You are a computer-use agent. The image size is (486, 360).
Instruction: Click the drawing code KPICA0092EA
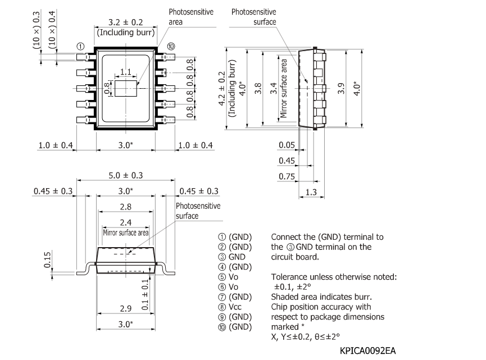367,350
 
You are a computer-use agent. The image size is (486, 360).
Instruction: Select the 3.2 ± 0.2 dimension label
125,23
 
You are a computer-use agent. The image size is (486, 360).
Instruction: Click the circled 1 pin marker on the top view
81,46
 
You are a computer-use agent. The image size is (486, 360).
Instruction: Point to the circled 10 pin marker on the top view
171,46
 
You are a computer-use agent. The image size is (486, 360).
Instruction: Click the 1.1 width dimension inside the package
125,72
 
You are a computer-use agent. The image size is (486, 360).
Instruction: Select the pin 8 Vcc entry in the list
231,307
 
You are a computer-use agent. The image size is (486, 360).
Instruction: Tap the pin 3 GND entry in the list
230,257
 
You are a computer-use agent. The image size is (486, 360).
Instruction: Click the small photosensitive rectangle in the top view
125,88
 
